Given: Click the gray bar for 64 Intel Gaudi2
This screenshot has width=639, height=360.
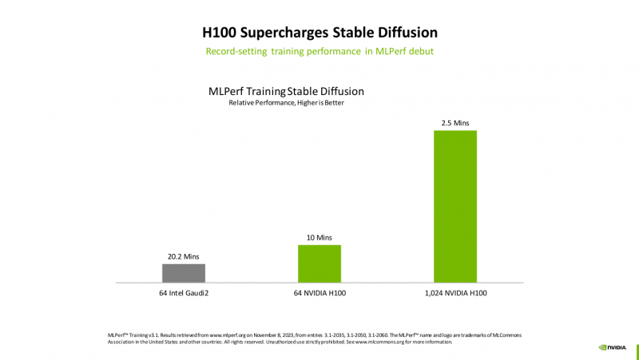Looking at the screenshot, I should [x=184, y=272].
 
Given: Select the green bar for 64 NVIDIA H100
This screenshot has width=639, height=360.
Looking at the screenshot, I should [x=319, y=263].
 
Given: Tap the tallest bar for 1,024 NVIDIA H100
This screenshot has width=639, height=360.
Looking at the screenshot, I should [x=454, y=205].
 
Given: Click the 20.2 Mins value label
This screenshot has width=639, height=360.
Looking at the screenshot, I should [x=184, y=256].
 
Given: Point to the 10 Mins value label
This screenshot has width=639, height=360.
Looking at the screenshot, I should [x=319, y=237].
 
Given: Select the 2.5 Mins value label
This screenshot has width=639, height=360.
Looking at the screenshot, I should [x=454, y=123].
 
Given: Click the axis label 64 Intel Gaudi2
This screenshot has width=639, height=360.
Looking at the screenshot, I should [x=184, y=294].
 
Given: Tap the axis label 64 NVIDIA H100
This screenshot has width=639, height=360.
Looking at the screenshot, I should [x=319, y=294].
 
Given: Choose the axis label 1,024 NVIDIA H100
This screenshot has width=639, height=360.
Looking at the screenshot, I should [x=454, y=294].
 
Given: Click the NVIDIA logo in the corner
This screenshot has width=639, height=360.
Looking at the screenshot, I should [x=613, y=347].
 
